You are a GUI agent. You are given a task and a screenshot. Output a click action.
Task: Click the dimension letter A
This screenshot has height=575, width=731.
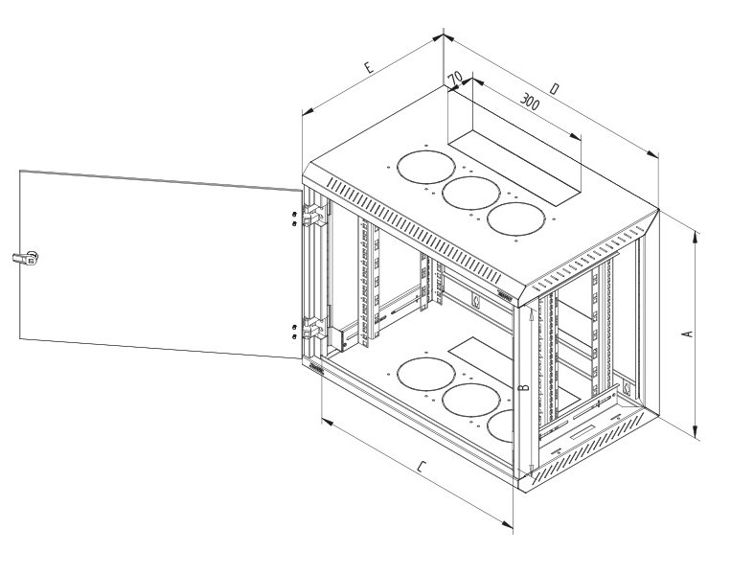coord(686,333)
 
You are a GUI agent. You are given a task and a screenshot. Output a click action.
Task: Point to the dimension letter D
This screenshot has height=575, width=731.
coord(555,89)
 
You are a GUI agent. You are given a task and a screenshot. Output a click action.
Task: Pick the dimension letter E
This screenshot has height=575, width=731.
coord(368,69)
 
